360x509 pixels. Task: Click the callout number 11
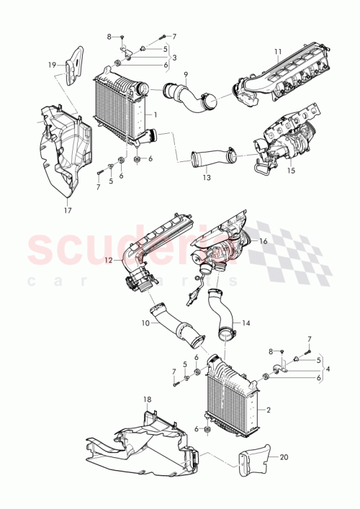point(277,51)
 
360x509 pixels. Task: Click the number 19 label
point(52,65)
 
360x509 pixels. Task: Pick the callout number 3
point(175,56)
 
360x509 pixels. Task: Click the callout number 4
point(329,369)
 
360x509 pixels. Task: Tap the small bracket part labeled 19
point(70,68)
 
